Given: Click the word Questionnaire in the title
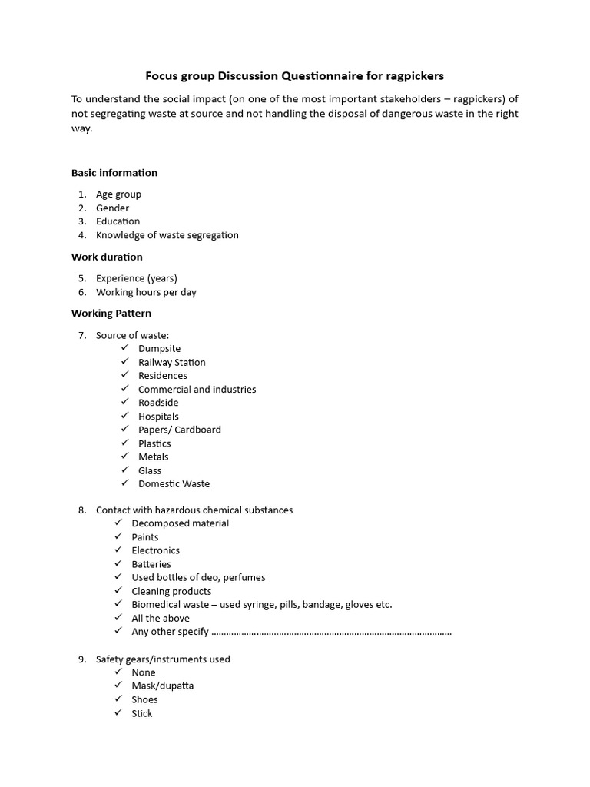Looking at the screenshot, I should pos(322,76).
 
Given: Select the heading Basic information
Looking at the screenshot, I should pos(114,173).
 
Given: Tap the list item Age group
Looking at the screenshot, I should pos(118,194).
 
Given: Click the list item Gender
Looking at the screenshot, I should pos(112,208).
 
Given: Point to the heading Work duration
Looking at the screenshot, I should pos(107,257).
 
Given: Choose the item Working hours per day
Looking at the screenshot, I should pos(146,292).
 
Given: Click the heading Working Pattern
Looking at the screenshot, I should pos(111,314).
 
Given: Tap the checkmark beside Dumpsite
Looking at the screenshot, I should pos(124,348).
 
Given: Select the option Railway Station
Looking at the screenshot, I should pos(171,362).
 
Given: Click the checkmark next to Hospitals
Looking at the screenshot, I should pos(124,416).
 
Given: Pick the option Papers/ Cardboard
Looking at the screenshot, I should pos(179,430).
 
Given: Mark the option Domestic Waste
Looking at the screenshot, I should pos(174,483).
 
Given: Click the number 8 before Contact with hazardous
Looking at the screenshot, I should pos(81,510).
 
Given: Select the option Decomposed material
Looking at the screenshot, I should pos(180,523).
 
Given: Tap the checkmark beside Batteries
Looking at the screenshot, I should pos(118,563).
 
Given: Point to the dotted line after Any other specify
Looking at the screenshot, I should pos(331,632).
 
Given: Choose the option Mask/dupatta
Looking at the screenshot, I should pos(162,686).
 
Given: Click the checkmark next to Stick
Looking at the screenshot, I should pos(118,712).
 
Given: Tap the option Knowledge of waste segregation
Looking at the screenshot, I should pos(167,235).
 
